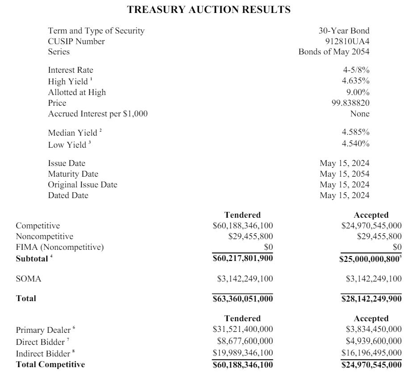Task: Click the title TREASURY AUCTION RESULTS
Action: (x=208, y=9)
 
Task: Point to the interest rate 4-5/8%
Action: (x=355, y=70)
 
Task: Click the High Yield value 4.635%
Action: (x=355, y=81)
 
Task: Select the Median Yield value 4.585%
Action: (x=355, y=132)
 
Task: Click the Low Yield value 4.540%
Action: (x=355, y=143)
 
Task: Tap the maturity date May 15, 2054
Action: (x=344, y=174)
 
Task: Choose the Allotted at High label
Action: (x=77, y=92)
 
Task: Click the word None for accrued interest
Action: (x=360, y=114)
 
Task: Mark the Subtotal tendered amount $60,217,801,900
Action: (x=243, y=258)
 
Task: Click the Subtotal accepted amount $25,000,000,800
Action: (x=369, y=258)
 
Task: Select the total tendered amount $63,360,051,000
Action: (x=243, y=299)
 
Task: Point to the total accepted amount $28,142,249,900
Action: (x=371, y=299)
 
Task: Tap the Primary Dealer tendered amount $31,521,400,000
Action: (x=243, y=329)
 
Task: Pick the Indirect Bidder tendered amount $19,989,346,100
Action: (x=243, y=353)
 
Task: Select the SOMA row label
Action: (x=29, y=279)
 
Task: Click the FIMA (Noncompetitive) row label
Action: (x=60, y=247)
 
